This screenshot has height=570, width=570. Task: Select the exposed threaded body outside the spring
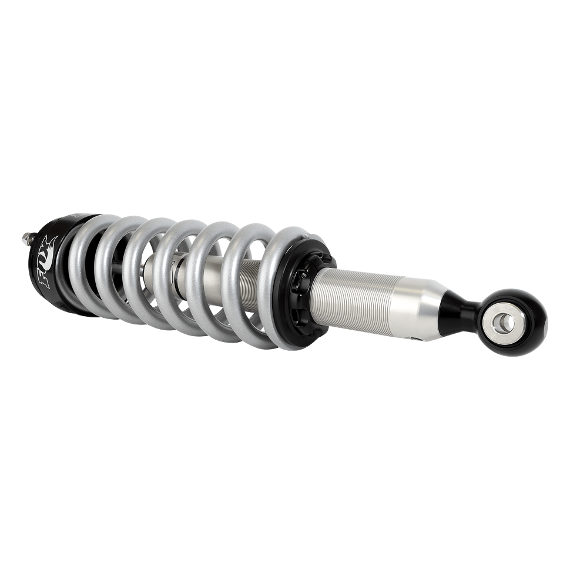tap(353, 288)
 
